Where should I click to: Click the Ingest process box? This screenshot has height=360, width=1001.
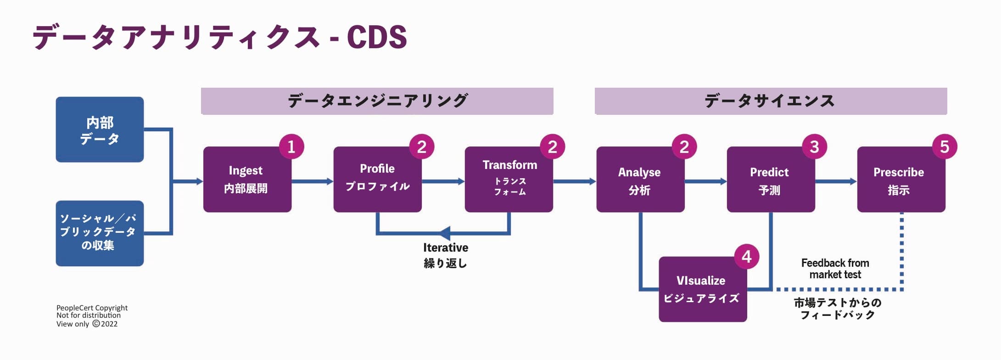(247, 180)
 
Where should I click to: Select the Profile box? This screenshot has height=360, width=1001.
(377, 180)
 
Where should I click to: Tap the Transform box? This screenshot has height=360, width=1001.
(509, 180)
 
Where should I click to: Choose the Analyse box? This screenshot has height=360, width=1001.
(640, 180)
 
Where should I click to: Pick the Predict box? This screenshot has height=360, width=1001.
(770, 180)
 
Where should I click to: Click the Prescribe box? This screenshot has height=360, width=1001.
(900, 180)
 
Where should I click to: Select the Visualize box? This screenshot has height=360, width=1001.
(702, 289)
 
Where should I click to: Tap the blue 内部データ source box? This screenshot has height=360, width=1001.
(100, 129)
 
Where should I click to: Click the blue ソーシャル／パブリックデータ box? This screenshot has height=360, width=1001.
(100, 233)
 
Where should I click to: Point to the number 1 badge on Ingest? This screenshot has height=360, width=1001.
(291, 146)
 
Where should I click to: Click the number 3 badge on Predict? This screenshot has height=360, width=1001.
(814, 146)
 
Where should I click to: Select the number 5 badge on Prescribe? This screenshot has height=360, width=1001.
(945, 146)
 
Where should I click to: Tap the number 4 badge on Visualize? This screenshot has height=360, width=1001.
(747, 256)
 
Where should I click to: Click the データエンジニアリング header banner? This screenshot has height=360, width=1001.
(377, 101)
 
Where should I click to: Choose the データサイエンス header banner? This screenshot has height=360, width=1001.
(771, 101)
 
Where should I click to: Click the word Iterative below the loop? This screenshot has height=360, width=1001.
(445, 247)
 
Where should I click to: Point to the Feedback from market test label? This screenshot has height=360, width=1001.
(835, 269)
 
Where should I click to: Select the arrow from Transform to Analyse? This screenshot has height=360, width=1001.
(574, 181)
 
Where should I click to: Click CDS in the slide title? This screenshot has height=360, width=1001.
(376, 37)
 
